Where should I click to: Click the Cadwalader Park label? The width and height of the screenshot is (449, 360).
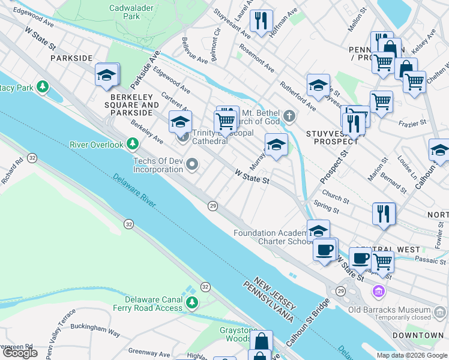click(x=124, y=12)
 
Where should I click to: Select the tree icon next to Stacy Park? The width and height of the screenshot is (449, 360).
click(x=43, y=88)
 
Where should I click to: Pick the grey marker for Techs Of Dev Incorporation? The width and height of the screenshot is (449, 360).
click(x=192, y=164)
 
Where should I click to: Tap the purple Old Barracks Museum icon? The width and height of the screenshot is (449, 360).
click(x=378, y=292)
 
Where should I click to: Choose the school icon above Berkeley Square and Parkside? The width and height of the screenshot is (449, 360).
click(x=107, y=75)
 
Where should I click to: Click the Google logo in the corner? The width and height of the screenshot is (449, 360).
click(x=19, y=353)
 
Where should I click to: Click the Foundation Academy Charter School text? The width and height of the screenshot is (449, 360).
click(x=271, y=237)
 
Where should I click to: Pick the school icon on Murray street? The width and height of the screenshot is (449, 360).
click(x=276, y=145)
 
